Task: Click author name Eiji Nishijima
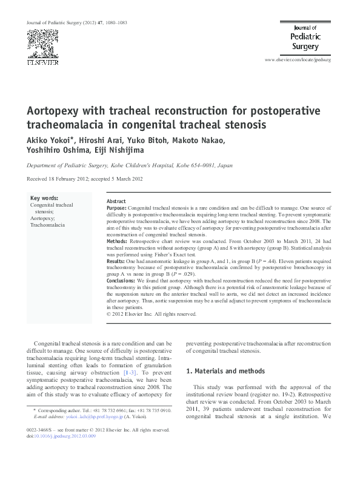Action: click(x=128, y=152)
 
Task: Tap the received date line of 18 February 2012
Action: click(x=85, y=179)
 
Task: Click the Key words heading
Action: click(x=44, y=198)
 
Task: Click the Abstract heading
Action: click(x=116, y=201)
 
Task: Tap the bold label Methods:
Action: click(x=118, y=241)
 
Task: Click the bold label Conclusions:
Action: click(x=121, y=281)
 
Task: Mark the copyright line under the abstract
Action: click(x=152, y=315)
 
